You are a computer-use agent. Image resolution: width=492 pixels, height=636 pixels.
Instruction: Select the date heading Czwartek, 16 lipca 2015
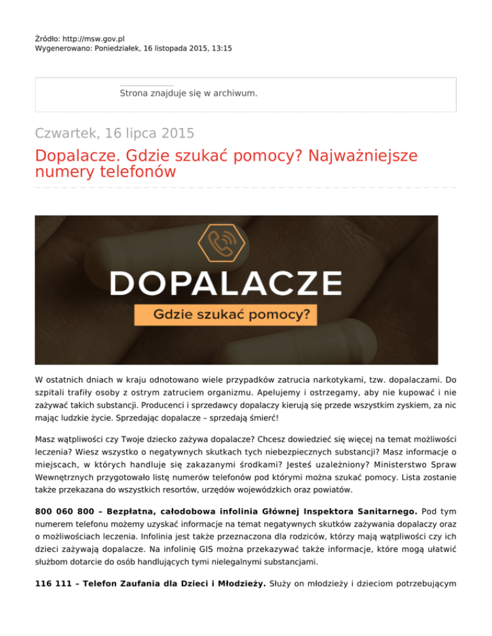click(x=115, y=134)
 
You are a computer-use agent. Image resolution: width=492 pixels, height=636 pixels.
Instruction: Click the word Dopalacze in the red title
click(x=74, y=156)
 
